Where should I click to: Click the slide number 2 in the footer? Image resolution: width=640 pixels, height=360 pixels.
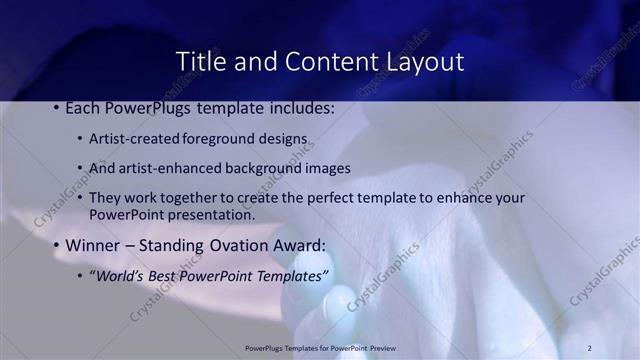[589, 348]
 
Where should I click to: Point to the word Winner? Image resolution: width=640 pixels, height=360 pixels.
[95, 245]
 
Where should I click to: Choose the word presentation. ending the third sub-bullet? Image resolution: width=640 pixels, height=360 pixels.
[213, 214]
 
